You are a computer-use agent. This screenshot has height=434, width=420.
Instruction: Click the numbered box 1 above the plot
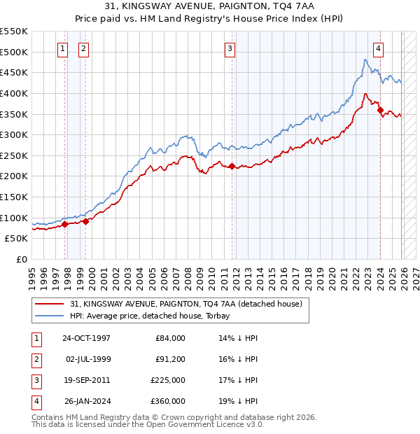click(x=63, y=48)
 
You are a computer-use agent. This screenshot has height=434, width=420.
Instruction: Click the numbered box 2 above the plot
click(x=83, y=48)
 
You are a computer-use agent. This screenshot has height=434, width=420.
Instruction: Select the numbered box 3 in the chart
click(x=230, y=48)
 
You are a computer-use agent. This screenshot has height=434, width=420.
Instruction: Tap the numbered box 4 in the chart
click(x=378, y=48)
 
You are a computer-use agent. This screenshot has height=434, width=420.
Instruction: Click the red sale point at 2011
click(x=232, y=166)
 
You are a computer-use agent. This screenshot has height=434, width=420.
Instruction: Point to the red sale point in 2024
click(x=380, y=110)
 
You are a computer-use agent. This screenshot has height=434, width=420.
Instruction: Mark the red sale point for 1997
click(x=65, y=224)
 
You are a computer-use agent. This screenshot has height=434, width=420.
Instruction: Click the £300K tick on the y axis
click(x=14, y=134)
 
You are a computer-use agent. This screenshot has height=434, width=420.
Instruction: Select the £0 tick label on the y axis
click(x=21, y=259)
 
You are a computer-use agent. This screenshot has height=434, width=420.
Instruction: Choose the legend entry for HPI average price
click(x=150, y=316)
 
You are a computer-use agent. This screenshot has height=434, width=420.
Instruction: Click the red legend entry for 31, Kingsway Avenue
click(x=185, y=304)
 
